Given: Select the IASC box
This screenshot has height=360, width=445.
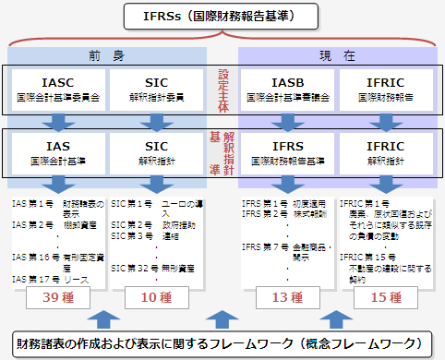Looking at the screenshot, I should (x=56, y=89).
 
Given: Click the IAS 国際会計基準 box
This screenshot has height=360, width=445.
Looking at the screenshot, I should (x=56, y=151).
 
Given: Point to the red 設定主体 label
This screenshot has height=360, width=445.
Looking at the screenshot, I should (x=222, y=90).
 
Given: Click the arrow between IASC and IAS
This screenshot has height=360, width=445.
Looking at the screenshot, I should (x=55, y=123).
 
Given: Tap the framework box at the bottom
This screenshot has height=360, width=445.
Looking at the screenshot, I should (x=222, y=344).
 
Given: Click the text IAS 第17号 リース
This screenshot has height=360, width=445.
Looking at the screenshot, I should (x=50, y=278).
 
